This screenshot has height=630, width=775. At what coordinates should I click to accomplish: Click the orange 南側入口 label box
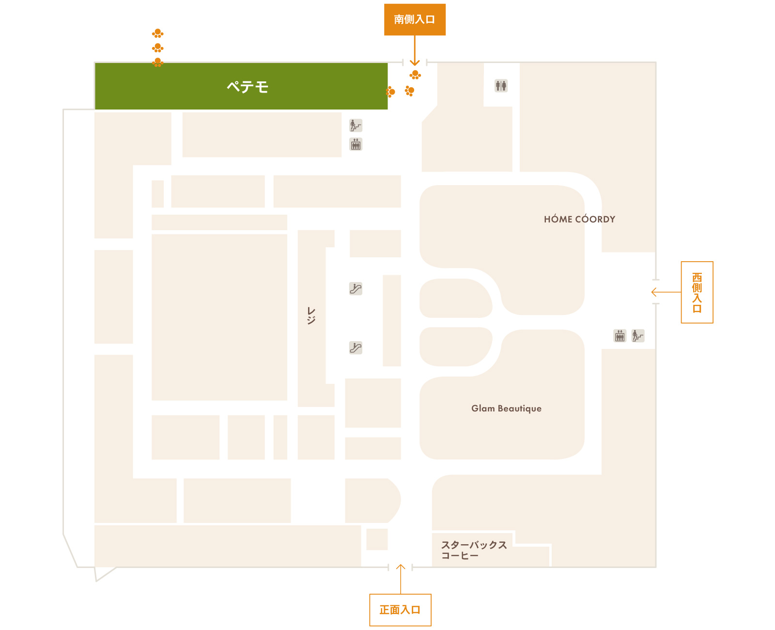tap(415, 20)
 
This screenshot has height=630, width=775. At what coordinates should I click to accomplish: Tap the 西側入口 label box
tap(697, 292)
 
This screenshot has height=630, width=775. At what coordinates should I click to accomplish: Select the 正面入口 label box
tap(400, 610)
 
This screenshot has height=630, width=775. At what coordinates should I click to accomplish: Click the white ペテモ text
tap(248, 87)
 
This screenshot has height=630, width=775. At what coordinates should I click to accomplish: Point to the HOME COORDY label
tap(579, 219)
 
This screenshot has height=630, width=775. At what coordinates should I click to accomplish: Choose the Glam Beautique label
tap(506, 409)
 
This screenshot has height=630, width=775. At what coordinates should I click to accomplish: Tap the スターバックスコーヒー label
tap(474, 550)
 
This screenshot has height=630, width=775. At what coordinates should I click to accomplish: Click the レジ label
tap(311, 315)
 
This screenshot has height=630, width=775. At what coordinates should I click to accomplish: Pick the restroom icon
tap(501, 86)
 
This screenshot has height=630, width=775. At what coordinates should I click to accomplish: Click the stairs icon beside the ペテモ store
tap(356, 125)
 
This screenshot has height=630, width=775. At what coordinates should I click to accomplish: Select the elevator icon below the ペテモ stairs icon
tap(356, 144)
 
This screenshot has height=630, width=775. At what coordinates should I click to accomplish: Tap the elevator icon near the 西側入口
tap(619, 335)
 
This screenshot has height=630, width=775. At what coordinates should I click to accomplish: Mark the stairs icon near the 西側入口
tap(637, 335)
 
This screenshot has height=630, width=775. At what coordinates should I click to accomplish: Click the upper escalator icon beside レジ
tap(356, 288)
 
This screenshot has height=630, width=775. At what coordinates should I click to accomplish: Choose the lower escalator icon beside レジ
tap(356, 347)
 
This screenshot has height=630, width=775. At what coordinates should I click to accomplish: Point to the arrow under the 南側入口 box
tap(415, 50)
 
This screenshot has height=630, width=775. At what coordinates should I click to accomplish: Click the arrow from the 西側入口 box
tap(666, 292)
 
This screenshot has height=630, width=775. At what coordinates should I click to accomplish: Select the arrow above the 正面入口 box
tap(400, 579)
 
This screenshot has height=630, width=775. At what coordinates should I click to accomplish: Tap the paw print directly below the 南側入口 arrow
tap(415, 75)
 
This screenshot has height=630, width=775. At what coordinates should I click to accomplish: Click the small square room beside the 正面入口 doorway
tap(376, 539)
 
